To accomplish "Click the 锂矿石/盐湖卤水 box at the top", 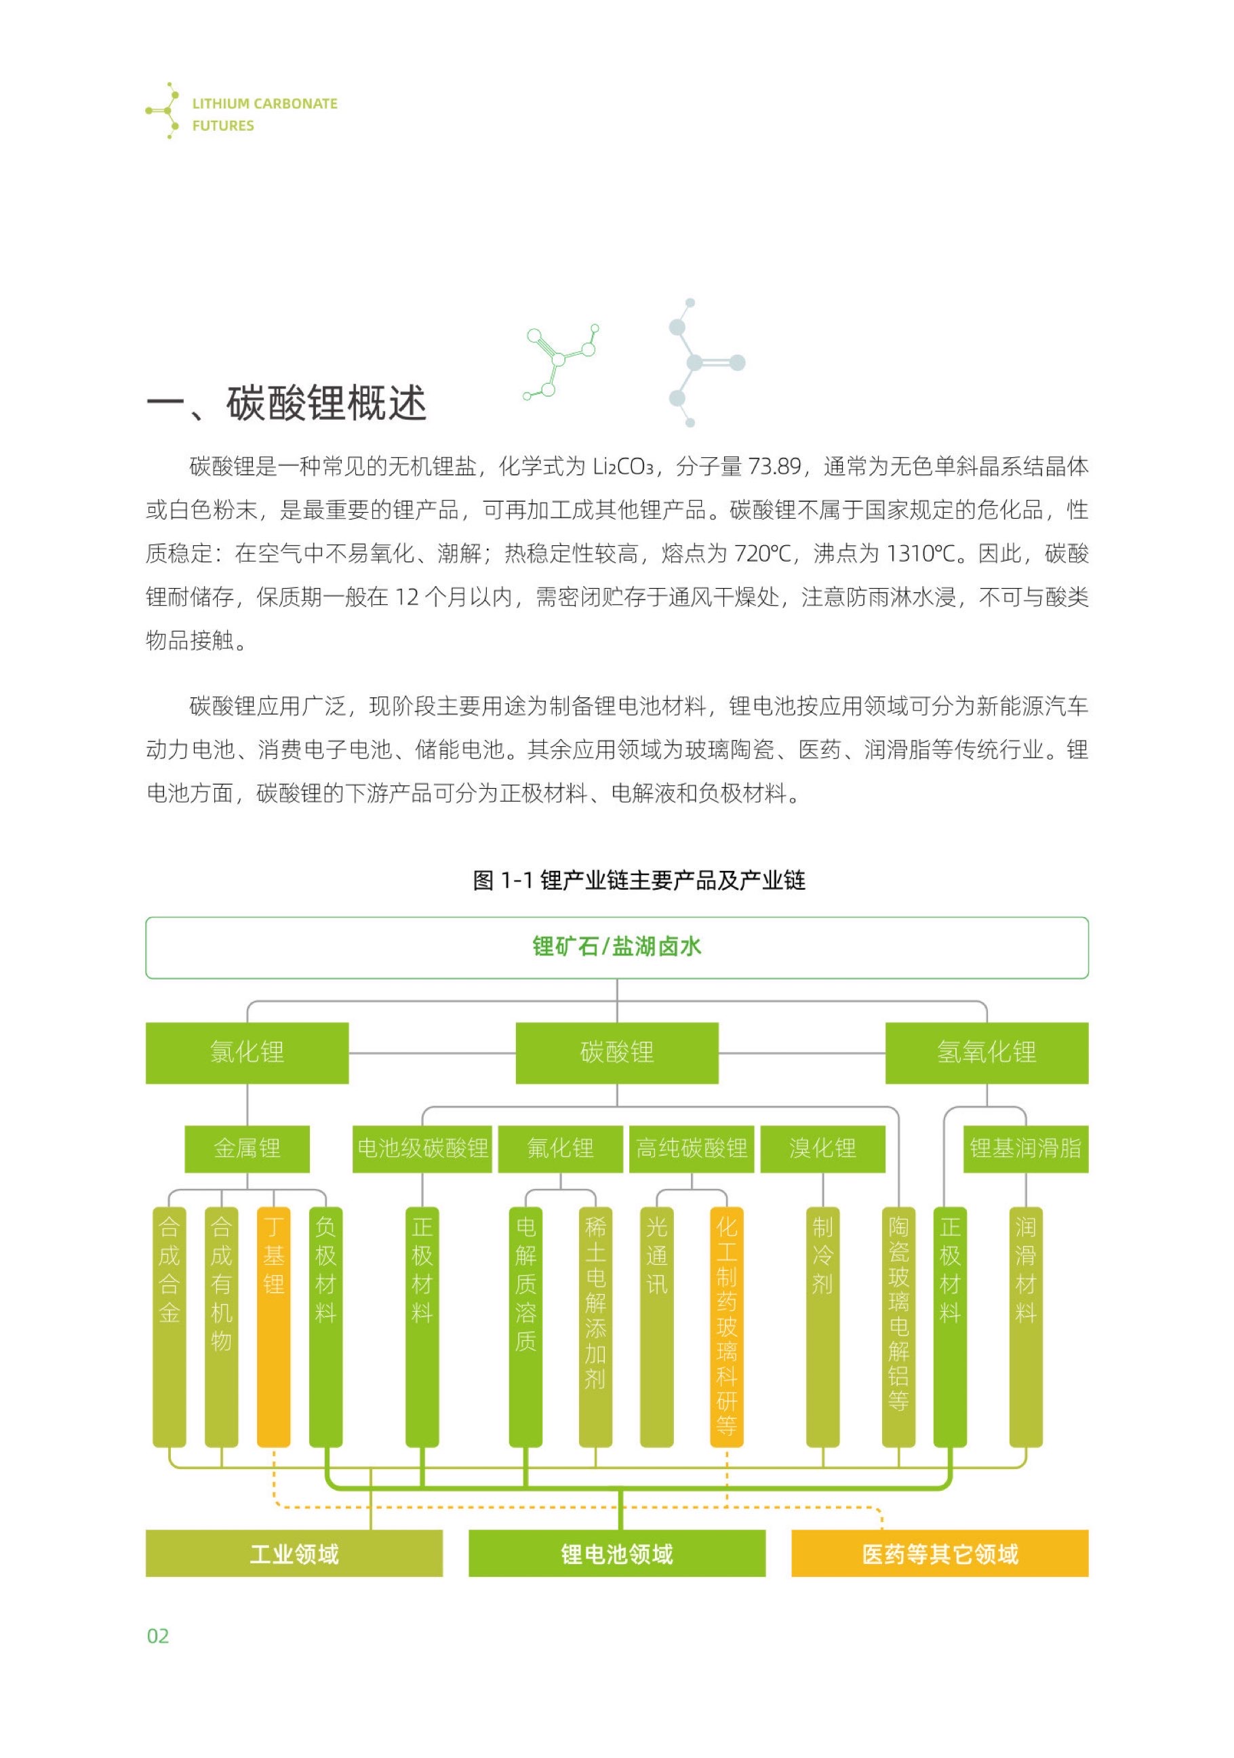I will [616, 947].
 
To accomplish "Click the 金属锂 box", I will [247, 1148].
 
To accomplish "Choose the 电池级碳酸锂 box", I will [422, 1148].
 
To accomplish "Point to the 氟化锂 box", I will [559, 1148].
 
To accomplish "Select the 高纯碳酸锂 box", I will [692, 1148].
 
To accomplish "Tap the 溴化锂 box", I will [822, 1148].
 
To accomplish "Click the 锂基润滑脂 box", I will [1025, 1148].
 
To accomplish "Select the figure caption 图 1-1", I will [639, 880].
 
